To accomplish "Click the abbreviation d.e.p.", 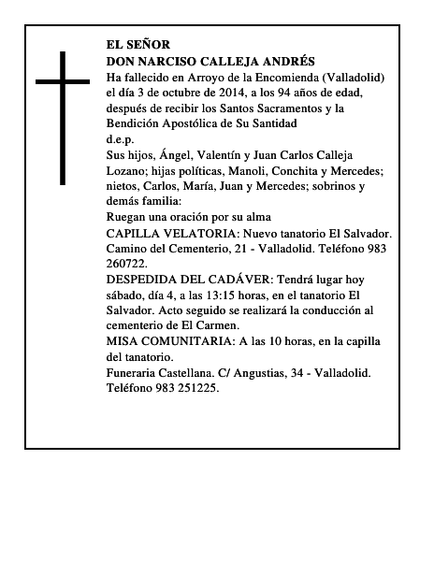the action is click(122, 138).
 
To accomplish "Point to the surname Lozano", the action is click(130, 170).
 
